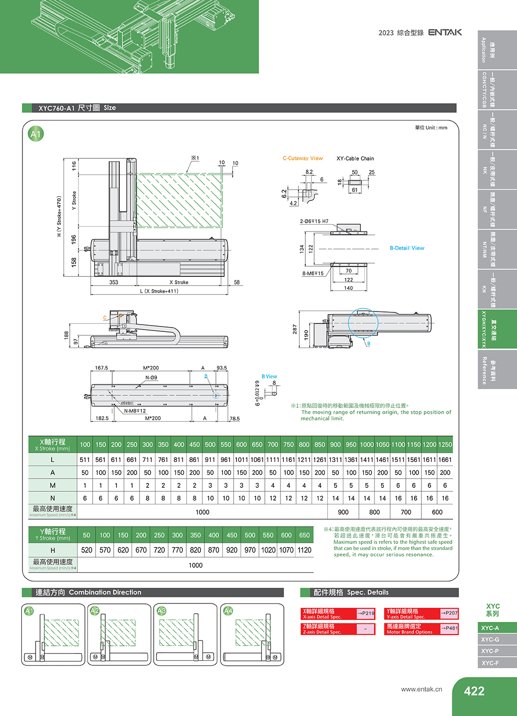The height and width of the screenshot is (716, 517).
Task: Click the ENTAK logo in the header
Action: pos(445,32)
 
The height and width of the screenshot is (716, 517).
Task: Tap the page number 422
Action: pos(474,691)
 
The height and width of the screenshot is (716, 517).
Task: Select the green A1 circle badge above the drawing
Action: pos(36,134)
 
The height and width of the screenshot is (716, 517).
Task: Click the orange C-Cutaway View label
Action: pos(302,158)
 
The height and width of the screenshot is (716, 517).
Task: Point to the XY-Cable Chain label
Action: pos(355,158)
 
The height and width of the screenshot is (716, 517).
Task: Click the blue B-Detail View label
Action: pos(407,248)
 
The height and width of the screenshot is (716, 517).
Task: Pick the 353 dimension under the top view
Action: pos(114,282)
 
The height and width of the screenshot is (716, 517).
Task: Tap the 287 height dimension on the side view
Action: pos(295,329)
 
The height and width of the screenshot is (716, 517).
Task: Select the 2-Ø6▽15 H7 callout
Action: pos(314,221)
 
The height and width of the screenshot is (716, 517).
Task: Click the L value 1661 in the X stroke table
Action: pos(445,460)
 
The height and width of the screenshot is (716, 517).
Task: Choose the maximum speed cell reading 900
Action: pos(343,512)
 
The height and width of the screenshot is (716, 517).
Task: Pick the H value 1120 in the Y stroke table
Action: pos(304,550)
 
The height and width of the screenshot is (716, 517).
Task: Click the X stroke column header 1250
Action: pos(445,445)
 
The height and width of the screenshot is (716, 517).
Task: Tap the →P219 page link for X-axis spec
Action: pos(366,613)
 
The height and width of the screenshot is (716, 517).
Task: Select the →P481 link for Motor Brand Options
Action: pos(449,628)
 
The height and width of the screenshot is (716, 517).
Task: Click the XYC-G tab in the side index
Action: pos(490,639)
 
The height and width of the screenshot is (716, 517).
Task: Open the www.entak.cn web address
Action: pos(421,689)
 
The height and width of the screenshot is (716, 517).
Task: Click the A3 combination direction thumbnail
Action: pos(186,635)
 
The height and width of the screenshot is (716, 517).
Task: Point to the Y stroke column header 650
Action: pos(304,535)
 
